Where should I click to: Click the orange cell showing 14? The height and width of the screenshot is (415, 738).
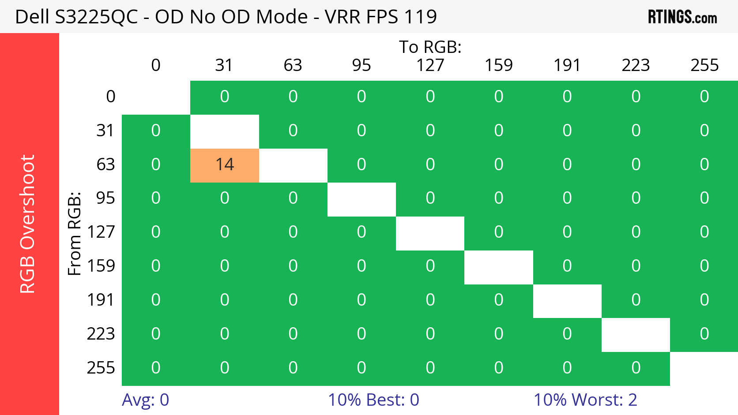[x=224, y=165]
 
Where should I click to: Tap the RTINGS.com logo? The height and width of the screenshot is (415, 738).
[x=682, y=17]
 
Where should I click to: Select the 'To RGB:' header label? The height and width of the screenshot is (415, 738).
[x=430, y=47]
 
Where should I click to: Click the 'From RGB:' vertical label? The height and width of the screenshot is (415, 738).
[x=74, y=234]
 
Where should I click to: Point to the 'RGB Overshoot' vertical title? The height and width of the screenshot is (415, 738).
[x=27, y=224]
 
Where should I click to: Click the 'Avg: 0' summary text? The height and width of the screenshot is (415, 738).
[x=145, y=400]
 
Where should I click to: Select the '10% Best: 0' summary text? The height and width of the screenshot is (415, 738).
[x=373, y=400]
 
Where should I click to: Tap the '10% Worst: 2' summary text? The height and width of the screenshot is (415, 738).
[x=585, y=400]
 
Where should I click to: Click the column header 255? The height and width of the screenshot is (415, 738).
[x=704, y=65]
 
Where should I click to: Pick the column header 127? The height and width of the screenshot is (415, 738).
[x=430, y=65]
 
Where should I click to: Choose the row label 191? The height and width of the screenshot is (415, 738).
[x=101, y=300]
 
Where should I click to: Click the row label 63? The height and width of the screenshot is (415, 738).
[x=105, y=165]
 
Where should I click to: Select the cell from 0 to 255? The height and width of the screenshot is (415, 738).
[x=704, y=97]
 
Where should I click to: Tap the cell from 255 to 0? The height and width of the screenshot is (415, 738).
[x=156, y=368]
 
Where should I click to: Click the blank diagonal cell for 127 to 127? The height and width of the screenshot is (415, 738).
[x=430, y=233]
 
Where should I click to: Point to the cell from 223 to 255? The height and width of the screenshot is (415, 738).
[x=704, y=334]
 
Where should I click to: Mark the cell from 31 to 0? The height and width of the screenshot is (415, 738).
[x=156, y=131]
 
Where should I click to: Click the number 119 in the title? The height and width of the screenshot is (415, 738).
[x=420, y=17]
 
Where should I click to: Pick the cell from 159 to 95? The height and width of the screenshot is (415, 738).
[x=361, y=266]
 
